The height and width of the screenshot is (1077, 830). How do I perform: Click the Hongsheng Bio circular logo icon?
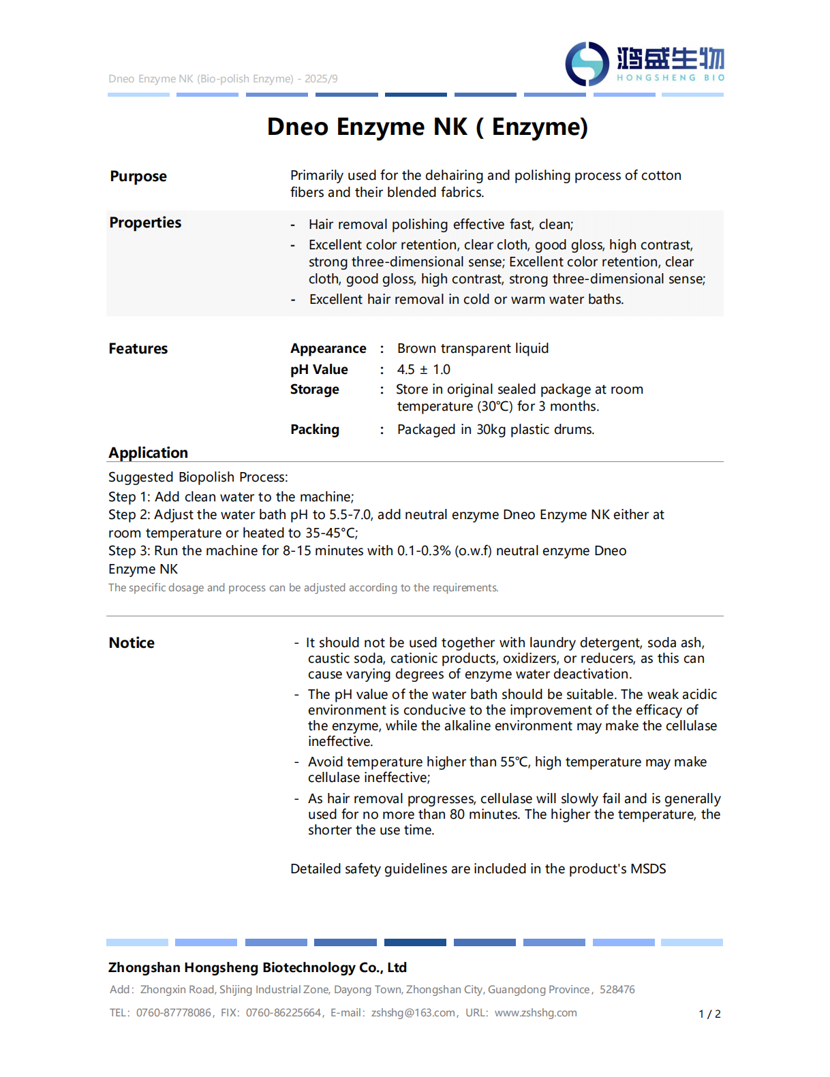pyautogui.click(x=587, y=64)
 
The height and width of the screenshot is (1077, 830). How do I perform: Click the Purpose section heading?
pyautogui.click(x=138, y=176)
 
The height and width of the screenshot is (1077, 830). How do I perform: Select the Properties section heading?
pyautogui.click(x=145, y=223)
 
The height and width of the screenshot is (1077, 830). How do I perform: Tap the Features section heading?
pyautogui.click(x=138, y=349)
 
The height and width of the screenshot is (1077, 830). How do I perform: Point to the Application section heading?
pyautogui.click(x=148, y=453)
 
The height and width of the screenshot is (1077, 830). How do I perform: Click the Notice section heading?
pyautogui.click(x=132, y=643)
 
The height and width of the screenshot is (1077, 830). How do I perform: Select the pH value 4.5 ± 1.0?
pyautogui.click(x=423, y=370)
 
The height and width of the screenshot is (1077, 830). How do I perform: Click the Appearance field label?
pyautogui.click(x=328, y=349)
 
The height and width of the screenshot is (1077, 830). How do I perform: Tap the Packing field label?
pyautogui.click(x=314, y=430)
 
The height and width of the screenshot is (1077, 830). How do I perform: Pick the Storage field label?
pyautogui.click(x=314, y=390)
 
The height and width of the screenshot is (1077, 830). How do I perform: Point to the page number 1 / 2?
pyautogui.click(x=709, y=1014)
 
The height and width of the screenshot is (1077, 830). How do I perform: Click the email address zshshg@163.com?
pyautogui.click(x=413, y=1013)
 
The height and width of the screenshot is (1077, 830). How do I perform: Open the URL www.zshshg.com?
pyautogui.click(x=536, y=1013)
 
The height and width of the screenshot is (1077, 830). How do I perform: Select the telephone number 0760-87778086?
pyautogui.click(x=173, y=1013)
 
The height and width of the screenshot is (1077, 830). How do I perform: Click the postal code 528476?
pyautogui.click(x=617, y=990)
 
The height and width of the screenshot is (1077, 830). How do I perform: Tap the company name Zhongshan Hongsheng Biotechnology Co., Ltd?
pyautogui.click(x=257, y=968)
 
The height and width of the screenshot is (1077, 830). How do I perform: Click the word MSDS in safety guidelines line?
pyautogui.click(x=648, y=869)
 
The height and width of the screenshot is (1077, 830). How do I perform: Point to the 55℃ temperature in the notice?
pyautogui.click(x=514, y=762)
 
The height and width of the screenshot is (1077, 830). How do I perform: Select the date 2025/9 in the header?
pyautogui.click(x=321, y=79)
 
